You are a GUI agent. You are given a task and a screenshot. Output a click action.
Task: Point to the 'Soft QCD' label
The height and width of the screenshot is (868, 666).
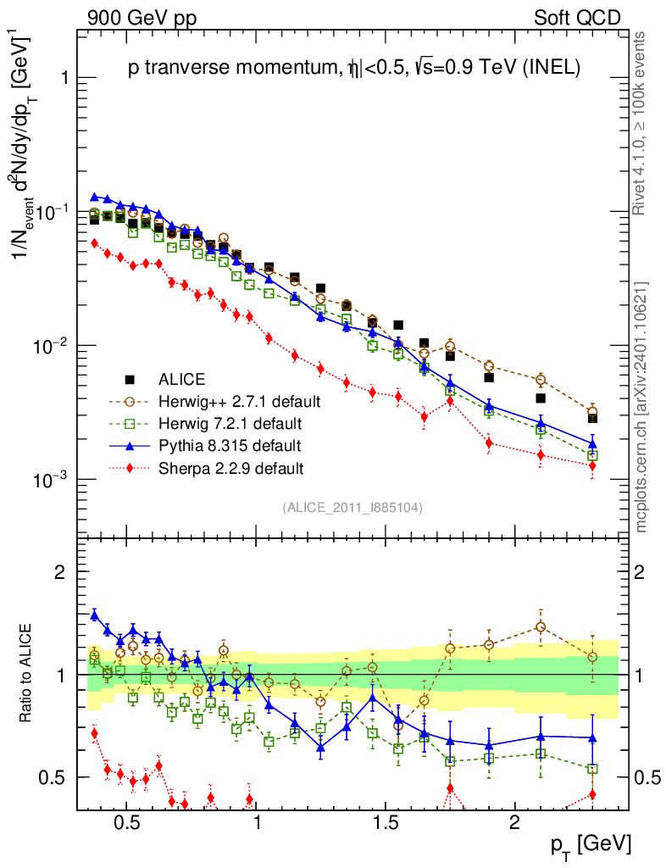coord(577,18)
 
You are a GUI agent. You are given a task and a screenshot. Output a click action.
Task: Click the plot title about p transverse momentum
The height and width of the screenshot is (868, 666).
coord(353,70)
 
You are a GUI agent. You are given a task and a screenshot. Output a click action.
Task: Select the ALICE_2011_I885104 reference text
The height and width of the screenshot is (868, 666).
coord(352,508)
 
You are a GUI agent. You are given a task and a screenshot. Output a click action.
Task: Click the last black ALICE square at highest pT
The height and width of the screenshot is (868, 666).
coord(593,418)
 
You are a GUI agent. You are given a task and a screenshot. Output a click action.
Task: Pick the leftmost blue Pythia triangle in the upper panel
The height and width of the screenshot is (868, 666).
coord(95,197)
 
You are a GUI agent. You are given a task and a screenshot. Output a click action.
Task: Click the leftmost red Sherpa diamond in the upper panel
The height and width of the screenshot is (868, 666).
coord(95,242)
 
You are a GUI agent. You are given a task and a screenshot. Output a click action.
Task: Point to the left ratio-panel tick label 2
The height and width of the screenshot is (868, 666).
coord(60,572)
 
